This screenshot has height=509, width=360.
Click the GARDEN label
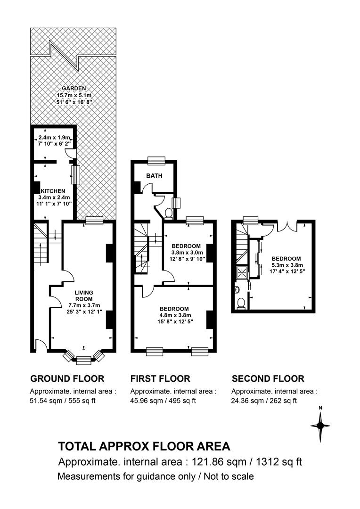[x=74, y=88]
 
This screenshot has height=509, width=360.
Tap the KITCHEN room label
[x=53, y=191]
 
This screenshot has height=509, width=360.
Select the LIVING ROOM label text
[x=84, y=296]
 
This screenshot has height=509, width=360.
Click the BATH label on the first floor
[x=154, y=176]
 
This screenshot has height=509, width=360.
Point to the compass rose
[x=320, y=426]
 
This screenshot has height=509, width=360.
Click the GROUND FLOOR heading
[x=67, y=378]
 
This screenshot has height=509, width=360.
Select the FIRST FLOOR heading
[x=160, y=378]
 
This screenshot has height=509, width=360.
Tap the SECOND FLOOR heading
[x=268, y=378]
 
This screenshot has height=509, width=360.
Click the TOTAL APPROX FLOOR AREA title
[x=144, y=446]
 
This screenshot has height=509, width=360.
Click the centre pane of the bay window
[x=84, y=359]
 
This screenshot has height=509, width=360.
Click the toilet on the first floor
[x=169, y=213]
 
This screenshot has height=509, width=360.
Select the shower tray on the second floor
[x=242, y=272]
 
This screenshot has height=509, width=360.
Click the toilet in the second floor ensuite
[x=241, y=304]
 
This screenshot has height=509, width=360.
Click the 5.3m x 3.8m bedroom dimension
[x=286, y=265]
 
